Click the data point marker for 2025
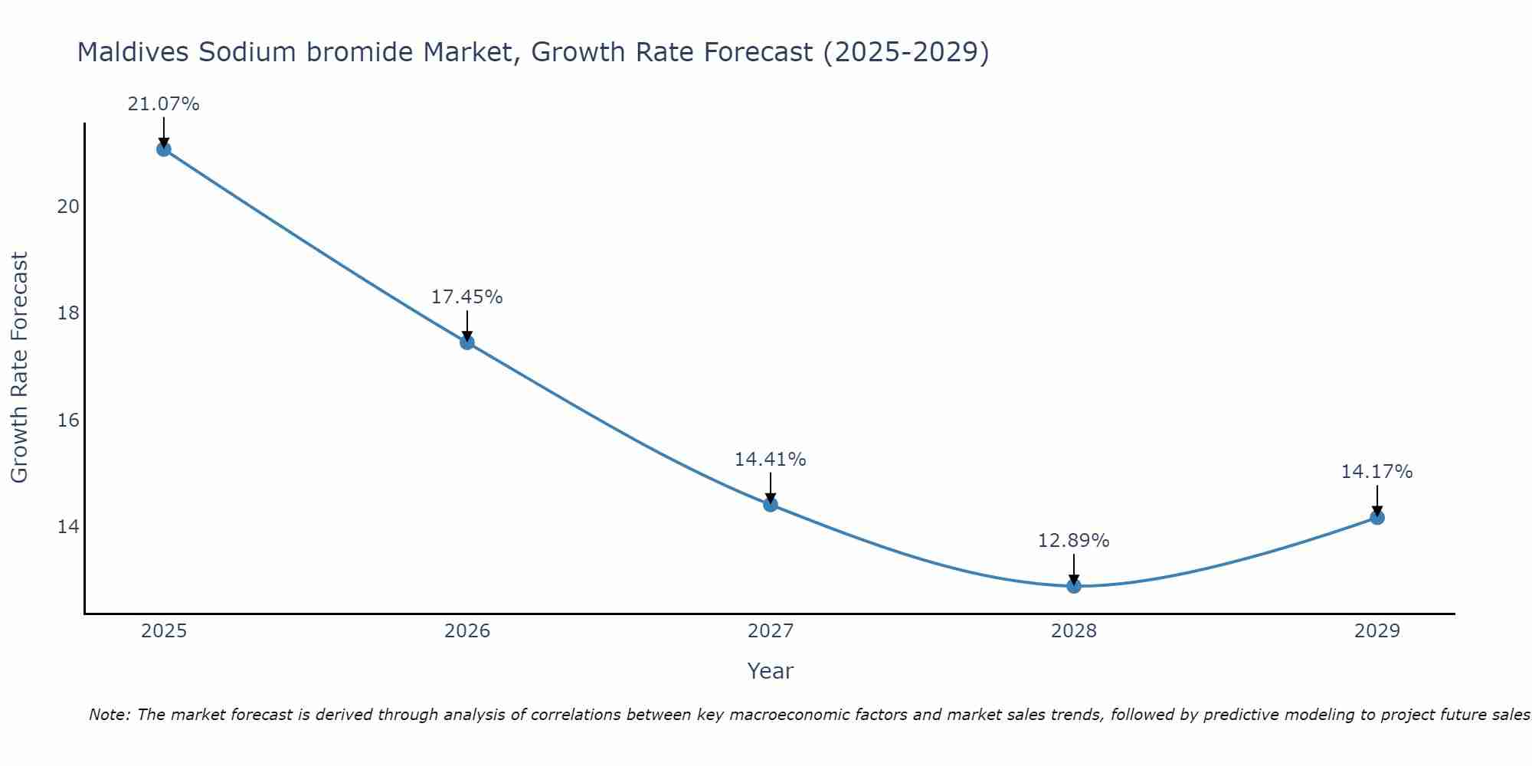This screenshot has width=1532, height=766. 163,149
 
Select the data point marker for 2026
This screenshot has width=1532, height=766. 466,342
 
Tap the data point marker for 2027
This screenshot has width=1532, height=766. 770,504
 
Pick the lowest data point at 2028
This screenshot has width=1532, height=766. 1073,586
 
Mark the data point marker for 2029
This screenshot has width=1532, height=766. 1377,517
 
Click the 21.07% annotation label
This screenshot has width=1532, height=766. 163,104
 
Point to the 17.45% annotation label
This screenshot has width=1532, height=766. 466,297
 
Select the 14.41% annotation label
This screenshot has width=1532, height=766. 770,460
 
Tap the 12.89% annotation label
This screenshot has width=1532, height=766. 1073,541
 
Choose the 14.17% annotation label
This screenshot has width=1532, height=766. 1377,472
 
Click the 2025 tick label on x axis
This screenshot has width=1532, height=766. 164,631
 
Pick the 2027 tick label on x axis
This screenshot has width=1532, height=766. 771,631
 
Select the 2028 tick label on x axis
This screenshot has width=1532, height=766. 1074,631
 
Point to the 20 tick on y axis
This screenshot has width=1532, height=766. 69,207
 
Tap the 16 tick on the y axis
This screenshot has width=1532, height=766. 69,421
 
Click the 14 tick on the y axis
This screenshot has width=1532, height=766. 69,527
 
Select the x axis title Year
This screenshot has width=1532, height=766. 770,671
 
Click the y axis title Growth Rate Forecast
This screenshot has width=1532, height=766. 20,367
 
